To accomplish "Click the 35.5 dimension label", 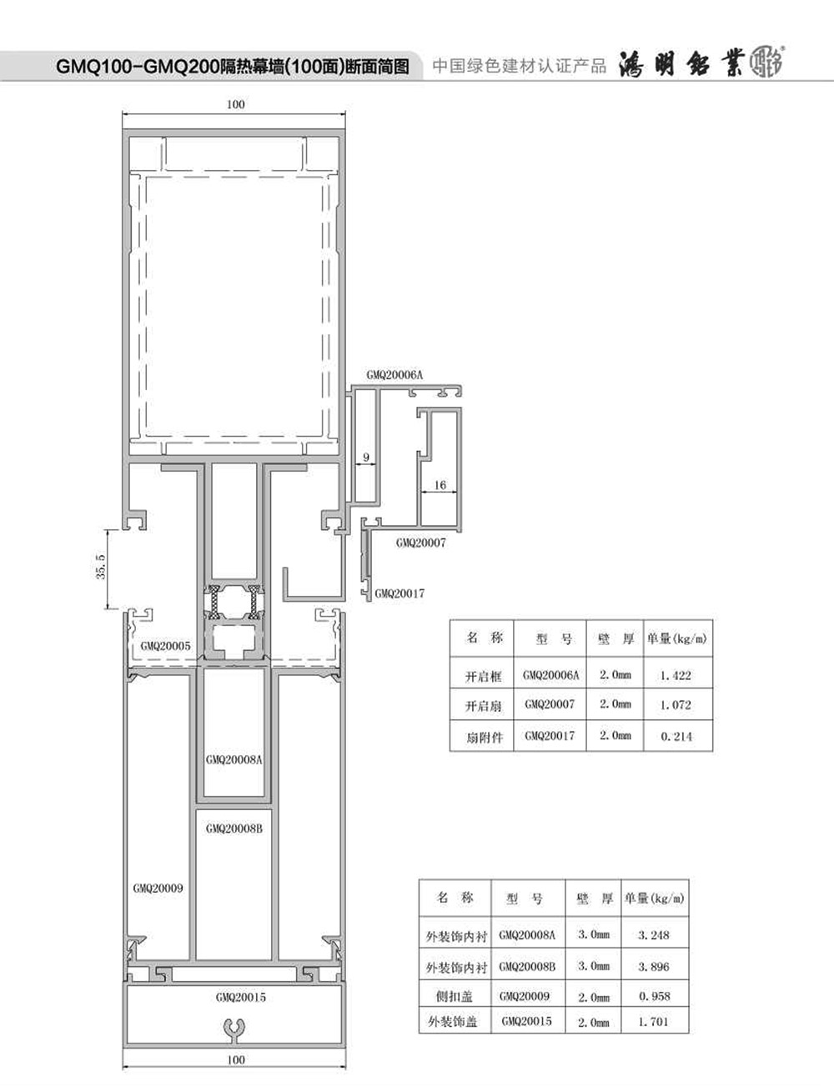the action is click(101, 567).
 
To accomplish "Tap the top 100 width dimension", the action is click(235, 104).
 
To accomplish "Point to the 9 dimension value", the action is click(366, 457).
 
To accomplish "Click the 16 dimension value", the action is click(440, 485).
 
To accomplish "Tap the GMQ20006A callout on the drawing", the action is click(394, 375).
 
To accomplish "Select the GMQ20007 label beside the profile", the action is click(420, 543).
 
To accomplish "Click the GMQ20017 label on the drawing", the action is click(399, 593).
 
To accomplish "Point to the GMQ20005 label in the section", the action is click(165, 646).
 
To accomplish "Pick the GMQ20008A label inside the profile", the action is click(234, 760).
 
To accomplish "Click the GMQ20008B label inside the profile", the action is click(234, 829).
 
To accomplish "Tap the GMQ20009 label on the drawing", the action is click(158, 888).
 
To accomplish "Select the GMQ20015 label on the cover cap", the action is click(241, 997).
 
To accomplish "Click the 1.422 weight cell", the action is click(676, 676).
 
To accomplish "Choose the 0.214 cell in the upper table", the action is click(676, 736).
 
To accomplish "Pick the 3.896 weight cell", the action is click(654, 967).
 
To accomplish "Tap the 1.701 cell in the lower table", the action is click(654, 1022).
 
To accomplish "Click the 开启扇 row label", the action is click(484, 706).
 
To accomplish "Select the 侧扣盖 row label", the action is click(454, 997).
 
